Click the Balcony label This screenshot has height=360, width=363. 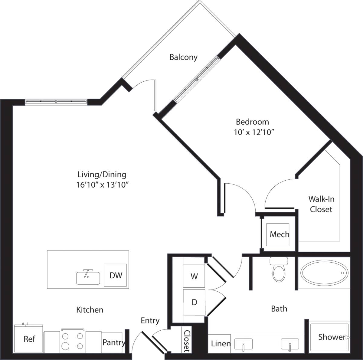point(183,57)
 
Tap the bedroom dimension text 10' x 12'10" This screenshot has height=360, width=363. point(254,132)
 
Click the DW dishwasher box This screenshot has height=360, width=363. point(116,275)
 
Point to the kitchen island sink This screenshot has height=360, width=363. point(88,278)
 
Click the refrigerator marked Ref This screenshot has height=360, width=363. point(29,339)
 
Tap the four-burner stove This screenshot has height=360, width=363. point(73,341)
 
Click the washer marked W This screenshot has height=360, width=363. point(194,276)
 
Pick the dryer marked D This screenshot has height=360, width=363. point(194,302)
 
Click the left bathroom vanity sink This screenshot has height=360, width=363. point(243,344)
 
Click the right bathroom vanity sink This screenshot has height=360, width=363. point(289,344)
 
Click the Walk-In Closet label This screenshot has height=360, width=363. point(321,204)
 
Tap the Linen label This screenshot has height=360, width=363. point(221,344)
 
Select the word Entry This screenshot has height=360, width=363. point(150,321)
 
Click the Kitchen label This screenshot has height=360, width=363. point(90,310)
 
